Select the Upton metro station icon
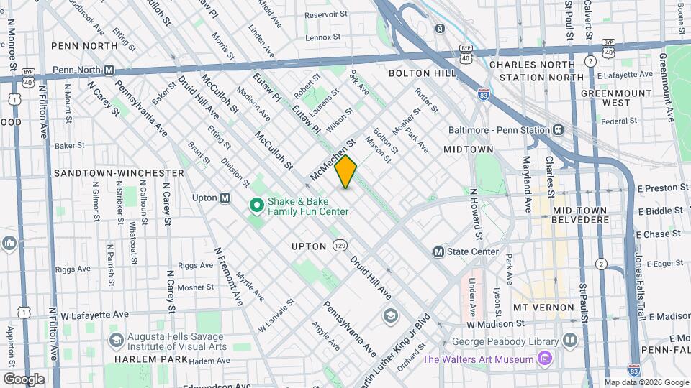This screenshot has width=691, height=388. click(225, 198)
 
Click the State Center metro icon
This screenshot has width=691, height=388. click(438, 252)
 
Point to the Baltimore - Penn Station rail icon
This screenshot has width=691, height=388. click(557, 130)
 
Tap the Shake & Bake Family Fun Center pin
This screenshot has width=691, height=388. click(256, 206)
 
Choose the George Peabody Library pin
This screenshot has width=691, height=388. click(570, 338)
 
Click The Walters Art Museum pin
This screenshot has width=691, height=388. click(545, 359)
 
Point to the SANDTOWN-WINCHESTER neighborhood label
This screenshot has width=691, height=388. click(119, 173)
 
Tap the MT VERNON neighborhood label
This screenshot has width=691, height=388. click(543, 307)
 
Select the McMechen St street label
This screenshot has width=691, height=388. click(333, 160)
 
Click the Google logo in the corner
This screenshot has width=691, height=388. click(24, 379)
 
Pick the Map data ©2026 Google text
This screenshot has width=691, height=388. click(645, 382)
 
